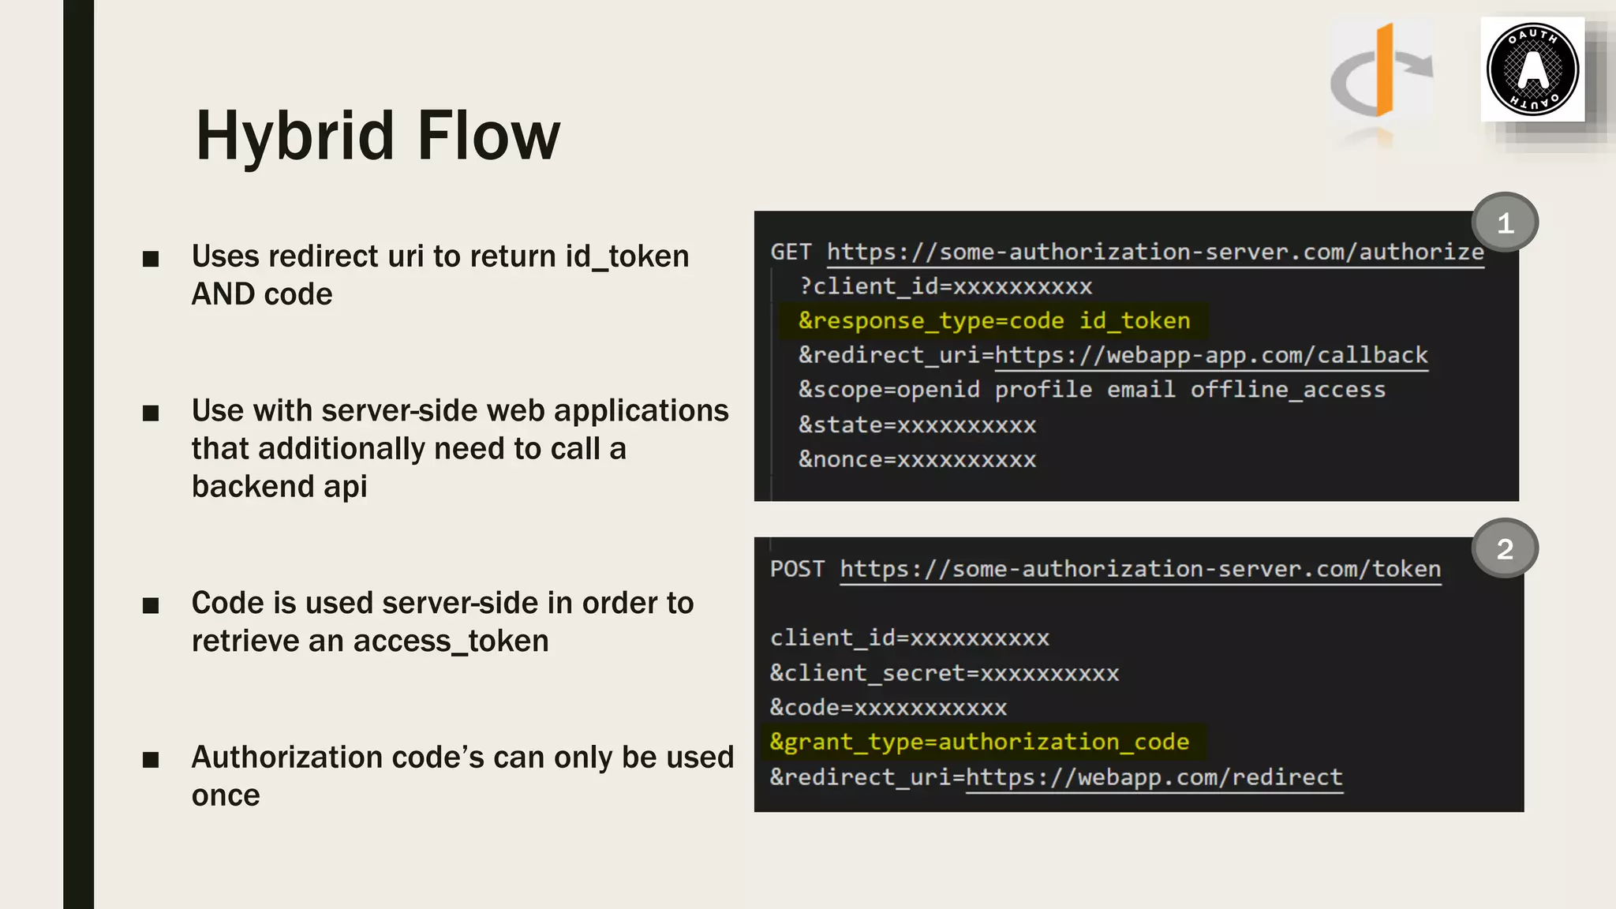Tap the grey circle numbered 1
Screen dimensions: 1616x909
click(1505, 223)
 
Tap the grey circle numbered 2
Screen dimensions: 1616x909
click(1505, 548)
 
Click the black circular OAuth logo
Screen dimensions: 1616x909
click(1532, 69)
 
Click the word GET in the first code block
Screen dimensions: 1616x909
click(791, 252)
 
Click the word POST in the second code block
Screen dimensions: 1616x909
click(797, 569)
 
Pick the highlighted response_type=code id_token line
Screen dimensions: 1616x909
click(993, 320)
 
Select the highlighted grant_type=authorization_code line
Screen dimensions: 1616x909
click(979, 742)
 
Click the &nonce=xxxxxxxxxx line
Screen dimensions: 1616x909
click(917, 459)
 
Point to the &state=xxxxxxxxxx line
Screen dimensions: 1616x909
click(917, 425)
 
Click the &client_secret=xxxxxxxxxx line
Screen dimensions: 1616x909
click(945, 673)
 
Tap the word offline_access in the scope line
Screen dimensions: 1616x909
click(1288, 390)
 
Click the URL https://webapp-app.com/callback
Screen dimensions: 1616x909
click(1211, 355)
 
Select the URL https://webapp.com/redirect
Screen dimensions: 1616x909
click(1154, 777)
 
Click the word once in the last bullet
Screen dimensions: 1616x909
click(226, 795)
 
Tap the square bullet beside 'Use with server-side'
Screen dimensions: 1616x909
click(151, 413)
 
